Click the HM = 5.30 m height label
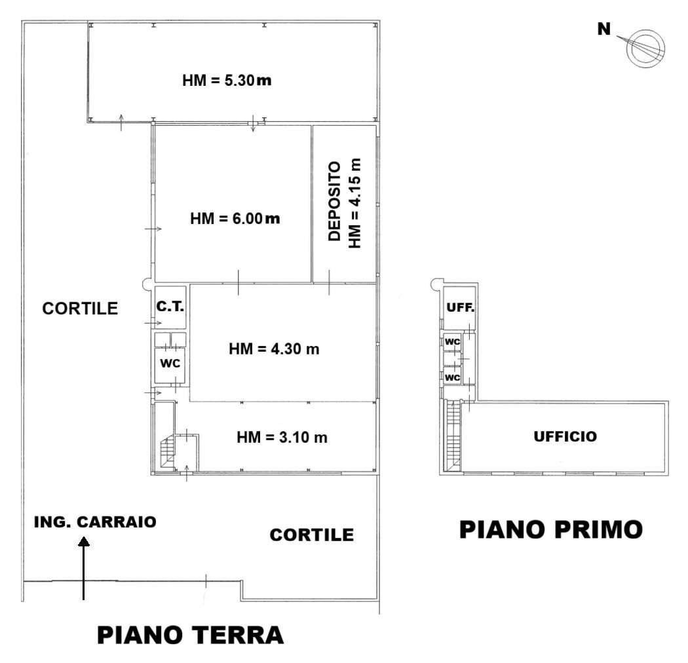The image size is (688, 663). click(x=227, y=81)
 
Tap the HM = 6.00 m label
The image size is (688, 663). click(x=235, y=218)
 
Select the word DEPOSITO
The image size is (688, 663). click(x=335, y=201)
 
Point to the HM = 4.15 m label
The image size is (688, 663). click(x=354, y=203)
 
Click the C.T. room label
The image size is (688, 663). click(x=170, y=306)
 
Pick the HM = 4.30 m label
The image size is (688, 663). click(x=274, y=349)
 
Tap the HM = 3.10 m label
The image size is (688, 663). click(x=282, y=437)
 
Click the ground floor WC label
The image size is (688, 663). click(x=170, y=364)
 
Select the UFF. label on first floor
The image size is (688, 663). click(x=460, y=307)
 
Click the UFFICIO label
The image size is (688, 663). click(x=565, y=436)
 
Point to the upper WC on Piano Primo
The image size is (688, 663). click(x=452, y=341)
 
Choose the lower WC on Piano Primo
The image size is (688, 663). click(x=452, y=377)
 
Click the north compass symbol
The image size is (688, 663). click(x=644, y=48)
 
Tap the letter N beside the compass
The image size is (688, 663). click(x=603, y=29)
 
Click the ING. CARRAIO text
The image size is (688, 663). click(x=95, y=521)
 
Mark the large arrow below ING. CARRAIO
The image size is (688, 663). click(x=83, y=568)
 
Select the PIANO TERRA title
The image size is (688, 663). click(x=190, y=635)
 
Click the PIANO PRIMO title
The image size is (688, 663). click(x=550, y=529)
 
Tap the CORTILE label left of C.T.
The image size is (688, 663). click(x=80, y=309)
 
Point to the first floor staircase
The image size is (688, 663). click(x=452, y=436)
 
